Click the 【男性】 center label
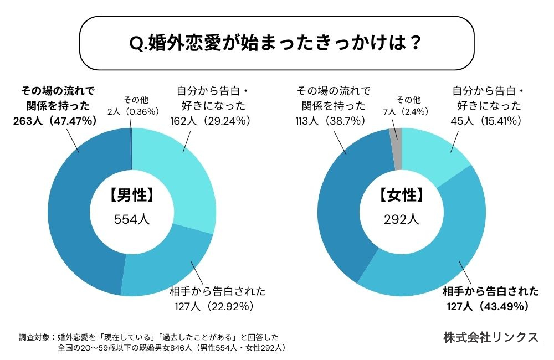tap(132, 195)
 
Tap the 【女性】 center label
tap(402, 195)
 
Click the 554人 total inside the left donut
tap(132, 219)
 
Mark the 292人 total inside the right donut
tap(402, 219)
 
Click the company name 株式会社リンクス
tap(491, 337)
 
